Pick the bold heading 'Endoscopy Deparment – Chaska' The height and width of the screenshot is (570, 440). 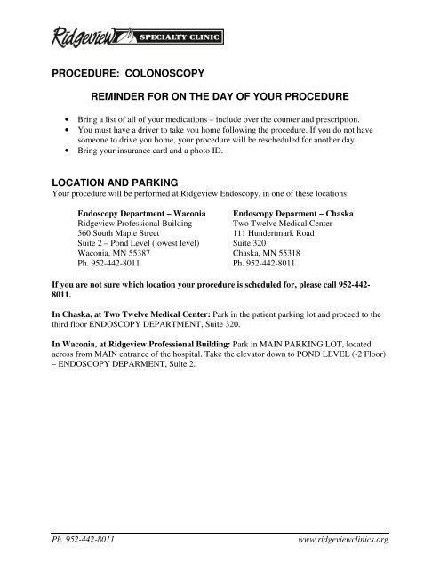(x=295, y=215)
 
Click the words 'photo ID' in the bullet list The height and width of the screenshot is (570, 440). (x=225, y=152)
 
